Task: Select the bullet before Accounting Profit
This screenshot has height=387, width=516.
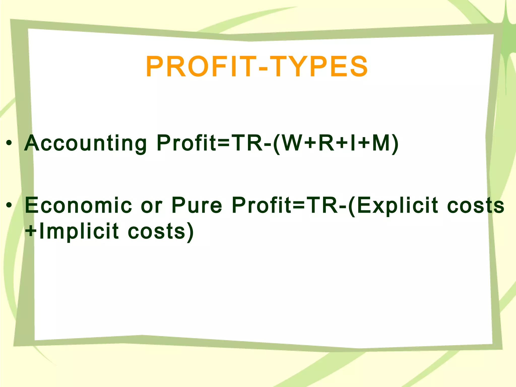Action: [9, 143]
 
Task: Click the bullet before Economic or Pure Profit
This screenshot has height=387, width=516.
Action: [9, 205]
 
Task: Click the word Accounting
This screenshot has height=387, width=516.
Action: [85, 143]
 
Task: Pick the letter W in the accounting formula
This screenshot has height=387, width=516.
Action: [292, 143]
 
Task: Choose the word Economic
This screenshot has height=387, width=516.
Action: [78, 205]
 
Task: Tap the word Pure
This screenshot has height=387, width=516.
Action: [197, 205]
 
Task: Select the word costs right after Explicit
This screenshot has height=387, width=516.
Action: [476, 206]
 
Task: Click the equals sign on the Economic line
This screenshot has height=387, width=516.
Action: [299, 206]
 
